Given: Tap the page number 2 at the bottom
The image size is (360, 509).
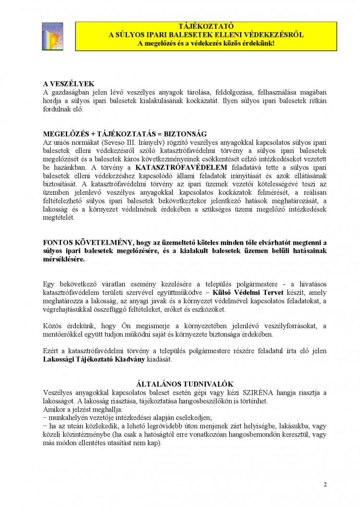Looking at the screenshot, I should tap(325, 484).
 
